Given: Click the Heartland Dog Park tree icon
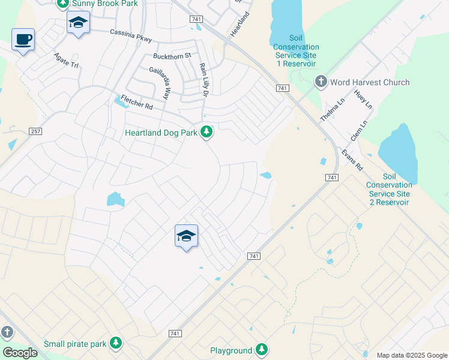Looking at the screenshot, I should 206,132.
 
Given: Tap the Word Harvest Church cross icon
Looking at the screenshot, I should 321,82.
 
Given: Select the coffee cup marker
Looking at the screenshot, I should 23,40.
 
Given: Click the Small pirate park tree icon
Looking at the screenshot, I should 115,344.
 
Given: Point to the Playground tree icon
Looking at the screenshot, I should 261,350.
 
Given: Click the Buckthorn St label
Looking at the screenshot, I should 171,56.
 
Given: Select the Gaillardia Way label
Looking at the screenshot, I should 160,82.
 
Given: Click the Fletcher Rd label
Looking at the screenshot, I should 137,103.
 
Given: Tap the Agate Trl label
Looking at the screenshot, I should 66,60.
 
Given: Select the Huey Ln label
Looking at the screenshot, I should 363,100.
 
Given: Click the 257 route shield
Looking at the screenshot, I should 35,131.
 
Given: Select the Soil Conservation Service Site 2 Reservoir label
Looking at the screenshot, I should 389,190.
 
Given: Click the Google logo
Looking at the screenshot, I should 20,353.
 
